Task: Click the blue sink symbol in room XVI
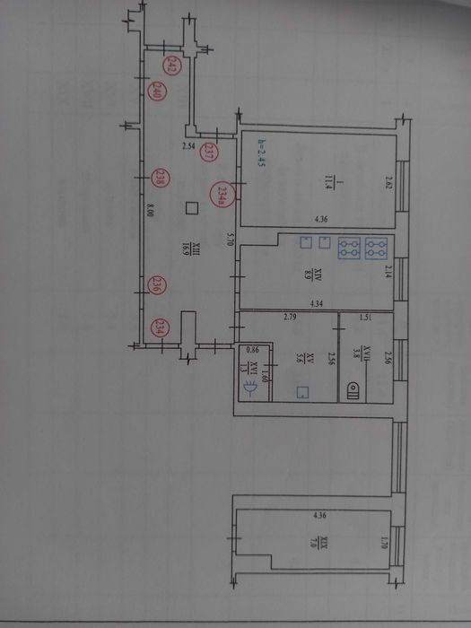[253, 388]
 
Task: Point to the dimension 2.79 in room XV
[290, 317]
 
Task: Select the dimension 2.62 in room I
[389, 183]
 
